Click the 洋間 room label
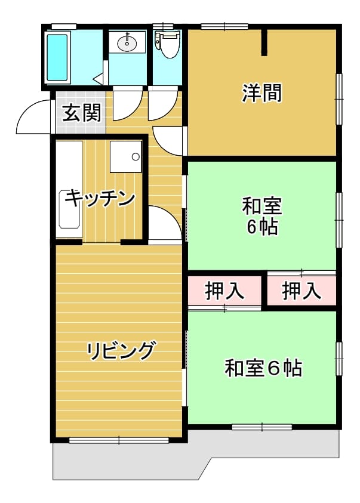[x=261, y=93]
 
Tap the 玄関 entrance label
[x=82, y=113]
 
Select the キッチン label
[x=100, y=199]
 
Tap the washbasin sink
[x=127, y=43]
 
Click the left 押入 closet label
[x=224, y=291]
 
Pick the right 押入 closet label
[x=301, y=291]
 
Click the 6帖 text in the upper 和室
[x=262, y=227]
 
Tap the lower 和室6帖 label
[x=263, y=368]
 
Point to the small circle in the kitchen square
[x=136, y=157]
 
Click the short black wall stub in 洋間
[x=264, y=42]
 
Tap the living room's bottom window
[x=119, y=440]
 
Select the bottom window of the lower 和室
[x=262, y=427]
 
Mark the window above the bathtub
[x=64, y=26]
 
